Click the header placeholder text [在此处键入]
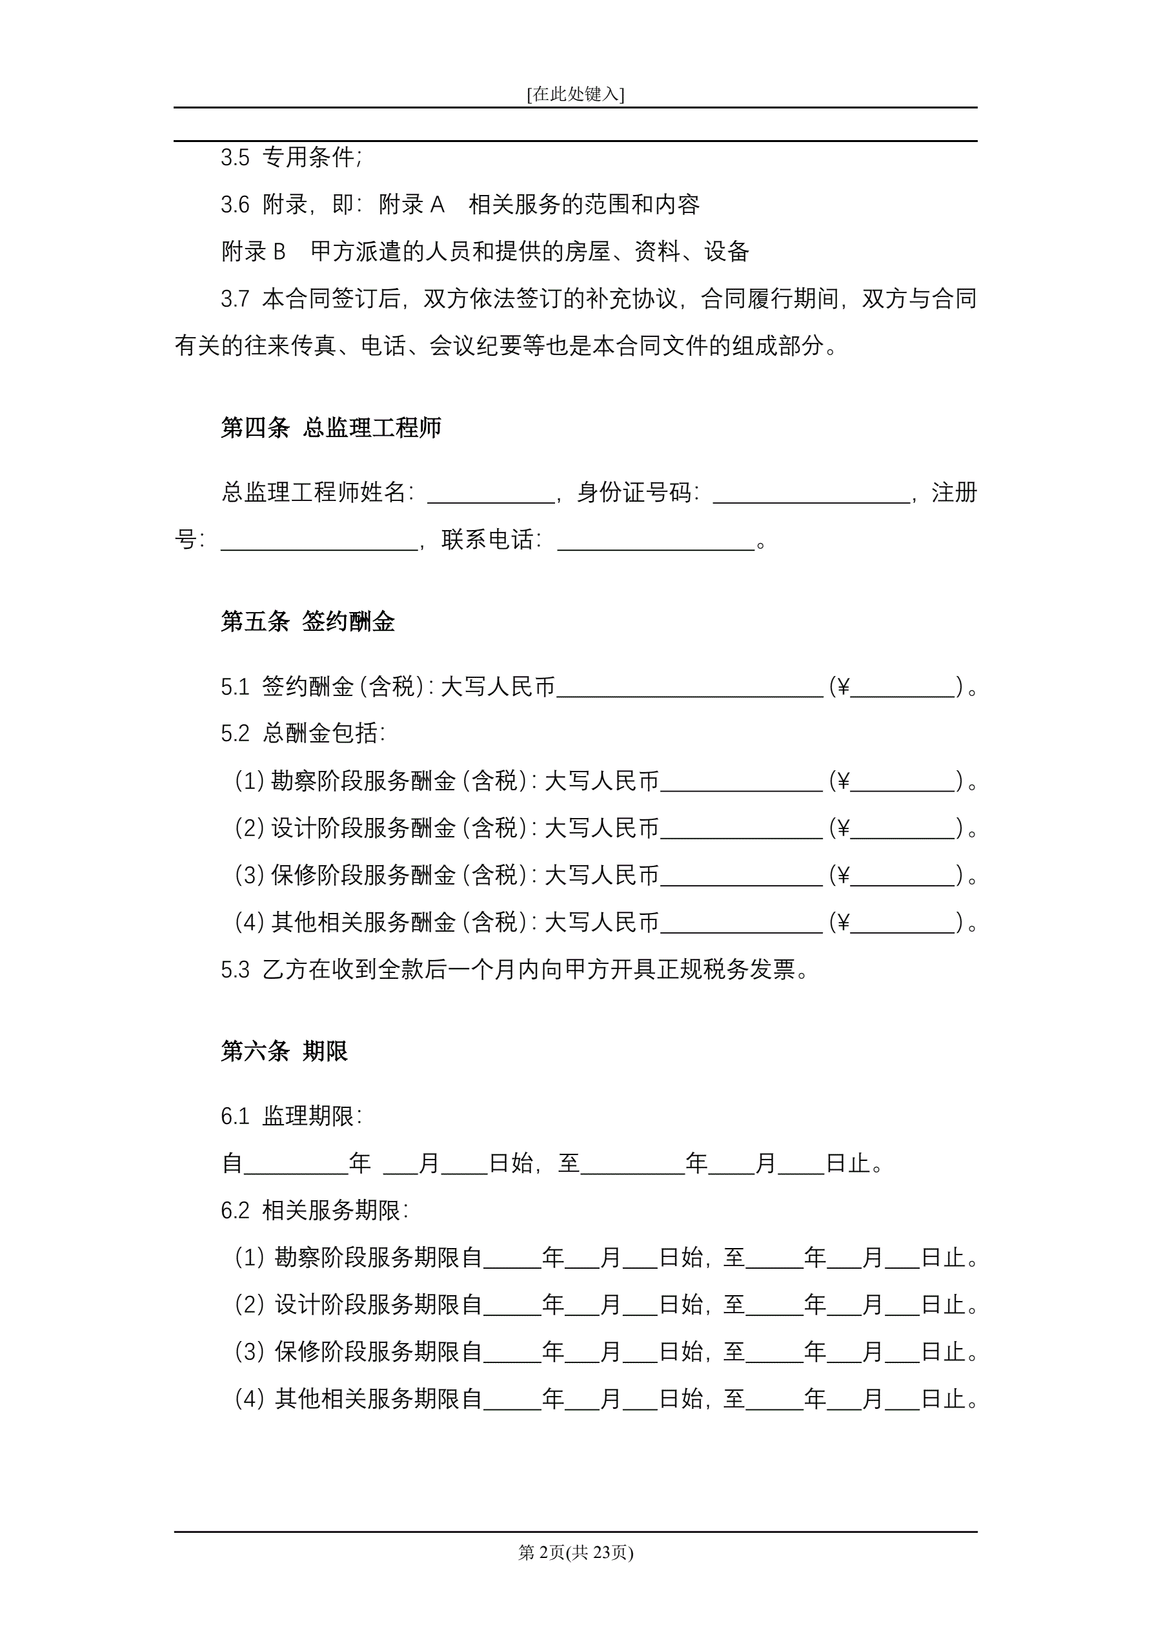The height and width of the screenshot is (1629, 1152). point(575,94)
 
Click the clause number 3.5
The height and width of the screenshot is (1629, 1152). point(235,158)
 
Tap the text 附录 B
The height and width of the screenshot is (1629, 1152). point(253,252)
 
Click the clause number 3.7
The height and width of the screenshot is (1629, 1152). point(235,300)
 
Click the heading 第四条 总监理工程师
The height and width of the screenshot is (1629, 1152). point(330,428)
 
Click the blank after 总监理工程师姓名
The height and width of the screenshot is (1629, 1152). point(490,494)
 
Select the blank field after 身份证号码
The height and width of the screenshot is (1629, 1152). point(811,494)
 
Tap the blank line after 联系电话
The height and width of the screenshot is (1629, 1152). point(656,541)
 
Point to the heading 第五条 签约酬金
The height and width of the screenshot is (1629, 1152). point(307,622)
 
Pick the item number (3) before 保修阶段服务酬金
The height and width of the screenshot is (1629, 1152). point(249,876)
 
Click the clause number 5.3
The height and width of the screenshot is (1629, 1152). point(235,970)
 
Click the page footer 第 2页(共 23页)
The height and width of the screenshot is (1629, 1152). point(575,1553)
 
